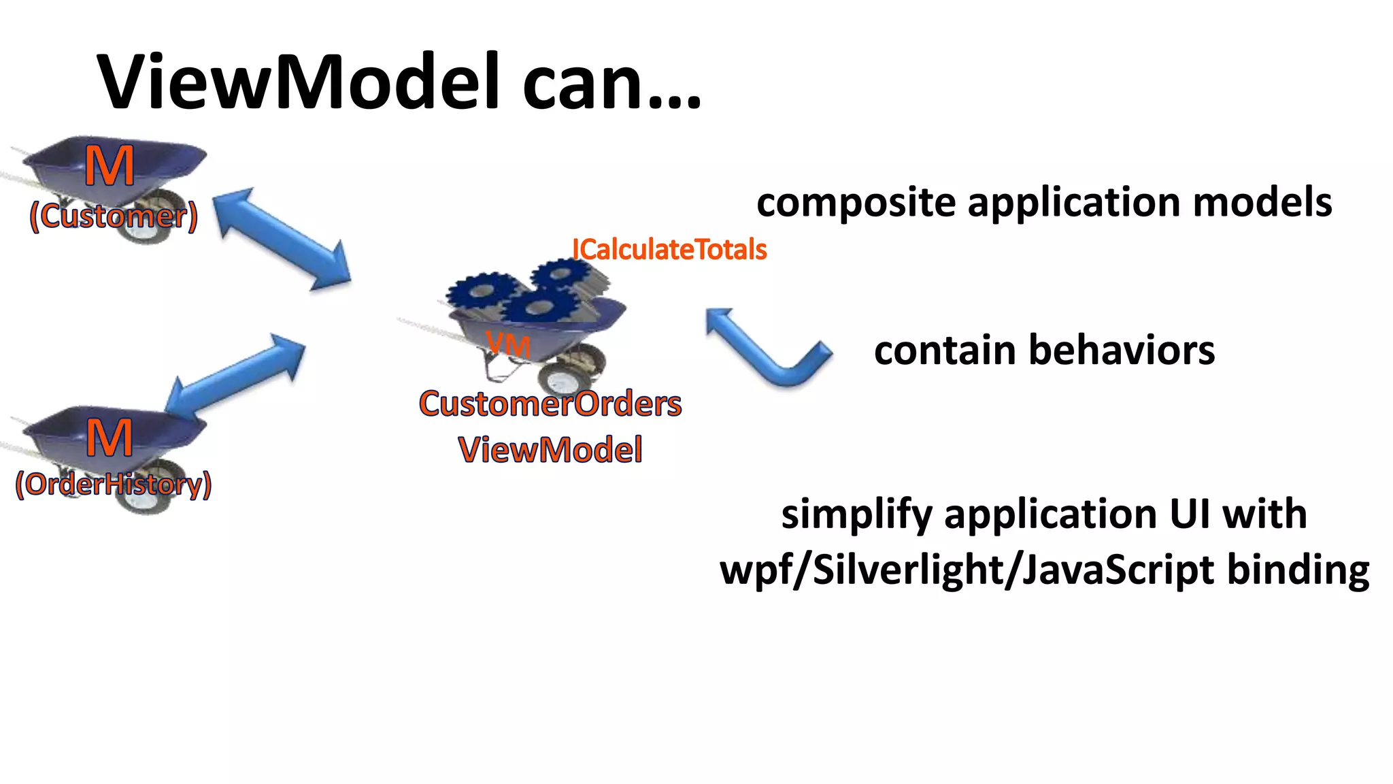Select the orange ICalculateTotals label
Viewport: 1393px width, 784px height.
[669, 249]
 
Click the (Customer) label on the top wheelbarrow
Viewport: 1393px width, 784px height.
[114, 216]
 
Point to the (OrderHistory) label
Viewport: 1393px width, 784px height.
[114, 484]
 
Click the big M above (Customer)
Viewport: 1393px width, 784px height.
[110, 167]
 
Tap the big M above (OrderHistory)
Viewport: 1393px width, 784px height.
[110, 438]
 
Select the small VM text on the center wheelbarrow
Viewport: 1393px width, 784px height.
[508, 345]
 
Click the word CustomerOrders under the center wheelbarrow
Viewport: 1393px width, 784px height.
[550, 404]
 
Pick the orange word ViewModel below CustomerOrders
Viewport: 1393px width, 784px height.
[550, 450]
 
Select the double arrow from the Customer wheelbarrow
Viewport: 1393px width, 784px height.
[282, 239]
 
